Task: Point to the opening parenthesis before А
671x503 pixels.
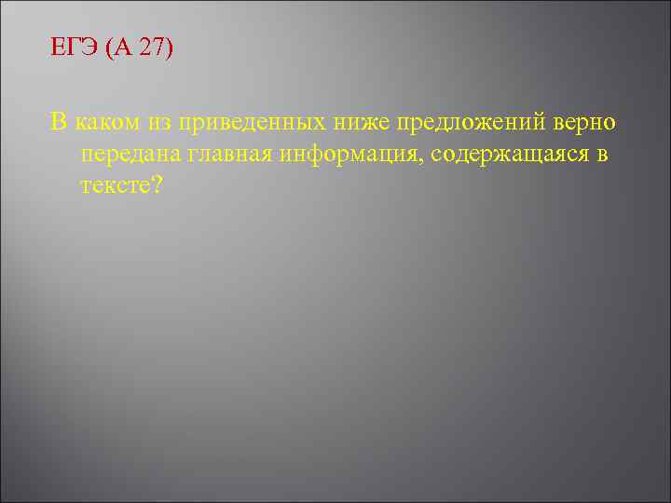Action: [x=111, y=48]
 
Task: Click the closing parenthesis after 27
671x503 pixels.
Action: [x=169, y=48]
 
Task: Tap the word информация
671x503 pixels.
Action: [x=346, y=156]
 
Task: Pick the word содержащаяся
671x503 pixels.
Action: [x=508, y=156]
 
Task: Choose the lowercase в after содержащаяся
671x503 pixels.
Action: [x=602, y=156]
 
